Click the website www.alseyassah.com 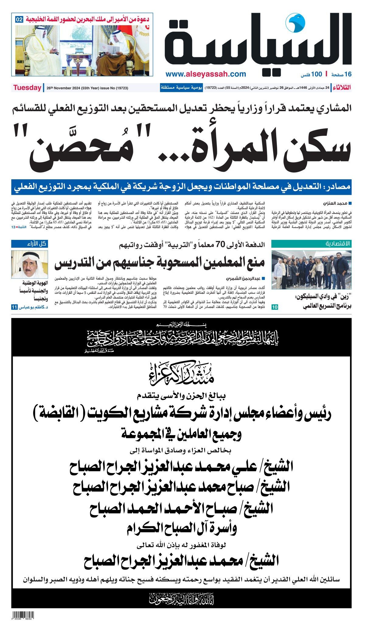[x=206, y=74]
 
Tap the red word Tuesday [x=27, y=88]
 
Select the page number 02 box [x=19, y=19]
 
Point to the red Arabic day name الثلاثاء [x=342, y=88]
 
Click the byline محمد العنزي [x=335, y=203]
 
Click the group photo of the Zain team [x=311, y=270]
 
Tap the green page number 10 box [x=275, y=307]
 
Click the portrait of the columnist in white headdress [x=30, y=264]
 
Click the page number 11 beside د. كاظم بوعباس [x=14, y=307]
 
